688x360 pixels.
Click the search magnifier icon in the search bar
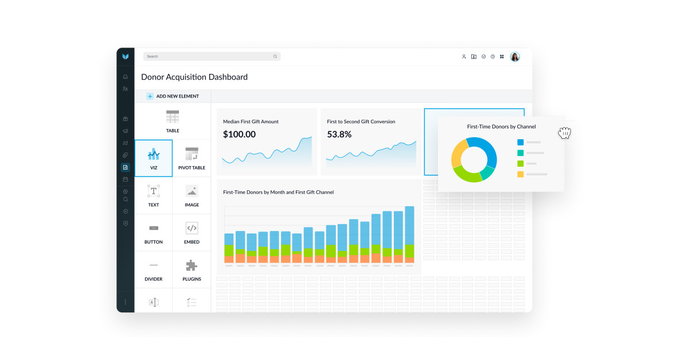pyautogui.click(x=275, y=57)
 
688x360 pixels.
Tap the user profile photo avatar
pyautogui.click(x=515, y=57)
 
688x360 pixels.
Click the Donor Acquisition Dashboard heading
pyautogui.click(x=194, y=77)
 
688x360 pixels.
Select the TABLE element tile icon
pyautogui.click(x=173, y=117)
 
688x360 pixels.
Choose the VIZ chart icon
pyautogui.click(x=154, y=154)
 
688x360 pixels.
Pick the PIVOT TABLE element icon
pyautogui.click(x=191, y=154)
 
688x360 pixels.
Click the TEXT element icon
pyautogui.click(x=154, y=191)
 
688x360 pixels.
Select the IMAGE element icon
pyautogui.click(x=191, y=191)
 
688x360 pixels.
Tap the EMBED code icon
pyautogui.click(x=191, y=228)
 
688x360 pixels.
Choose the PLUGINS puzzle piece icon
pyautogui.click(x=191, y=265)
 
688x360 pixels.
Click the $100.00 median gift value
pyautogui.click(x=239, y=135)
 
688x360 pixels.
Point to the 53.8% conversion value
pyautogui.click(x=339, y=135)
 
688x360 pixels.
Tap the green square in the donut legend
pyautogui.click(x=521, y=163)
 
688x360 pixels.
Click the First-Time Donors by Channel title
pyautogui.click(x=501, y=127)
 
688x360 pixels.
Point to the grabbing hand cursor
pyautogui.click(x=565, y=132)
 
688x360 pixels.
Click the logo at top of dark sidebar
pyautogui.click(x=126, y=57)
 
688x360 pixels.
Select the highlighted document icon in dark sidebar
pyautogui.click(x=126, y=167)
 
